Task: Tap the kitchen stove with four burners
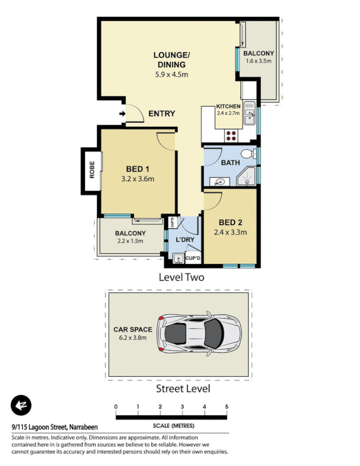(x=231, y=135)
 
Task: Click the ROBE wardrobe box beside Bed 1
(x=91, y=170)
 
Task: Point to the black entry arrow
(x=121, y=114)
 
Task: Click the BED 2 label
(x=231, y=223)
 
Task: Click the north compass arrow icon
(x=22, y=405)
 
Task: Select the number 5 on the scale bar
(x=227, y=407)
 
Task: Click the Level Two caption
(x=181, y=277)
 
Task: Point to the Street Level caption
(x=182, y=389)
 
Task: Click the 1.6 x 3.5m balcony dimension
(x=259, y=61)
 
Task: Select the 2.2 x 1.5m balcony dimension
(x=130, y=241)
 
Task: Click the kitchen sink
(x=249, y=114)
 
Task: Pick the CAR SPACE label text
(x=132, y=329)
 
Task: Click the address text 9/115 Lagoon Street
(x=50, y=427)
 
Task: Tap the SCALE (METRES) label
(x=171, y=426)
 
